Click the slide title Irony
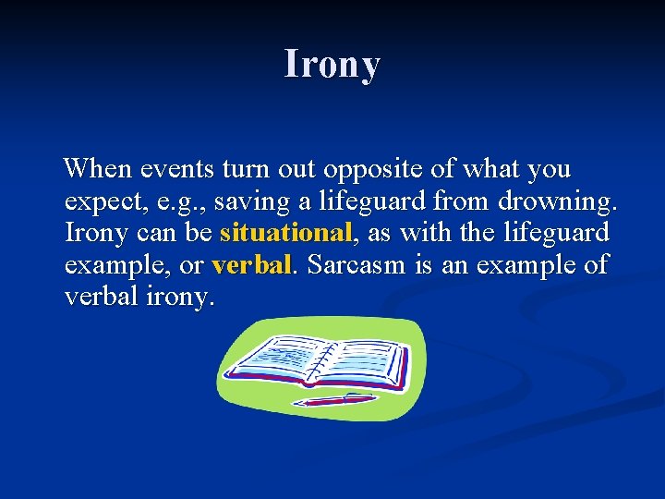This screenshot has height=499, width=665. click(x=332, y=65)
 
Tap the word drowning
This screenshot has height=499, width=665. click(x=557, y=201)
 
